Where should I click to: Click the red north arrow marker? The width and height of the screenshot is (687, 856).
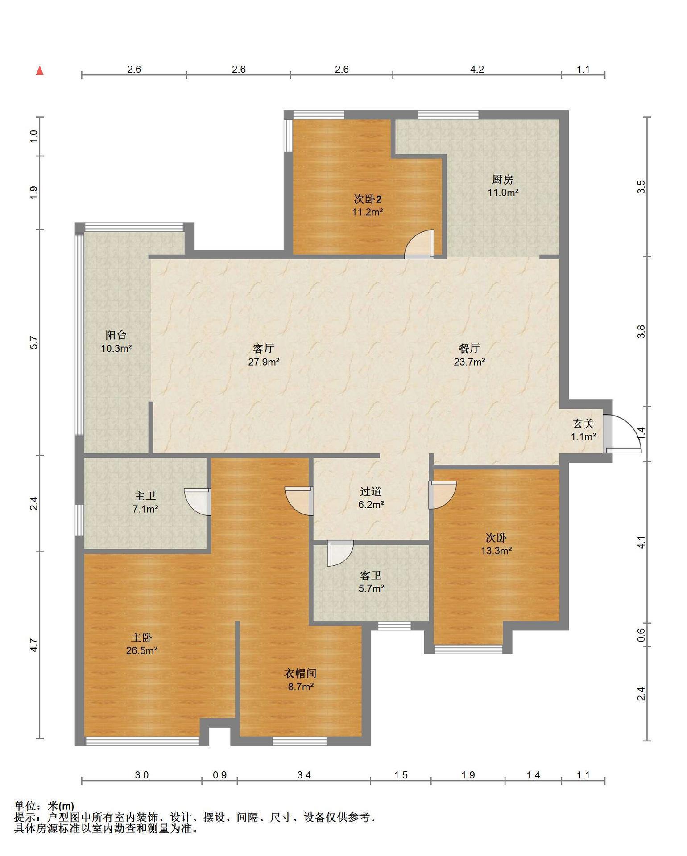(x=40, y=70)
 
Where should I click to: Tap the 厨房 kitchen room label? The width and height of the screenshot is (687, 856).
(x=502, y=180)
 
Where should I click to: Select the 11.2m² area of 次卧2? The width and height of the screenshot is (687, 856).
(x=368, y=212)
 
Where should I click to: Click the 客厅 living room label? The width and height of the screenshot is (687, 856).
(x=263, y=348)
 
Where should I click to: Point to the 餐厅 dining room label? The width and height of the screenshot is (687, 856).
(x=469, y=348)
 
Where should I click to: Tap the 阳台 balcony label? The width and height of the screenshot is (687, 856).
(x=116, y=335)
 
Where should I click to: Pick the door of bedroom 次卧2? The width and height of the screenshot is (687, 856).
(x=419, y=244)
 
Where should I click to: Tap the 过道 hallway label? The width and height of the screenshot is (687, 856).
(x=371, y=492)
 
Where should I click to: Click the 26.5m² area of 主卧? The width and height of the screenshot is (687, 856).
(x=141, y=650)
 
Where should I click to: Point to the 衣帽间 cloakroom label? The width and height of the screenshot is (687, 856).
(x=300, y=674)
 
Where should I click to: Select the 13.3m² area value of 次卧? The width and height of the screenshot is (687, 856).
(x=496, y=551)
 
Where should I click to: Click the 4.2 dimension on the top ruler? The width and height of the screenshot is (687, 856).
(x=477, y=69)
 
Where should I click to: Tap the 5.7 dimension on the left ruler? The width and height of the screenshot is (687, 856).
(x=34, y=342)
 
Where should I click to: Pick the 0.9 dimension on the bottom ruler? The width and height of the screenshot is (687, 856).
(x=219, y=775)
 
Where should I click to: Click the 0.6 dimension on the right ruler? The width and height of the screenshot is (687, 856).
(x=641, y=635)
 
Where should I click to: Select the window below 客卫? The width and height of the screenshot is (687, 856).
(x=394, y=626)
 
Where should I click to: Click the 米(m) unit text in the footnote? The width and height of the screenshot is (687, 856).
(x=61, y=806)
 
